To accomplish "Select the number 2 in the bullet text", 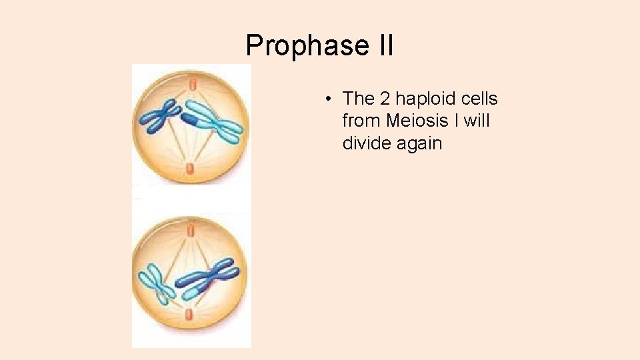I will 384,99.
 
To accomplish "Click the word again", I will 419,144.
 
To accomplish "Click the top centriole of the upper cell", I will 191,83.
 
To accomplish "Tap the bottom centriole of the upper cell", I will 191,168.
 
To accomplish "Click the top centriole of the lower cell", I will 191,231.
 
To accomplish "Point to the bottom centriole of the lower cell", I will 191,314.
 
